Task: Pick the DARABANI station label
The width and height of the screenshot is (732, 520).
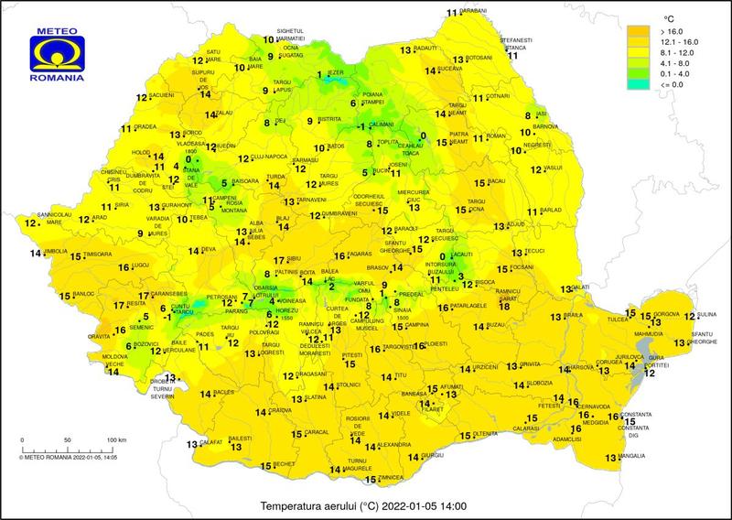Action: [x=472, y=10]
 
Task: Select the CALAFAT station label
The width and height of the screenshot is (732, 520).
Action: [x=212, y=443]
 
